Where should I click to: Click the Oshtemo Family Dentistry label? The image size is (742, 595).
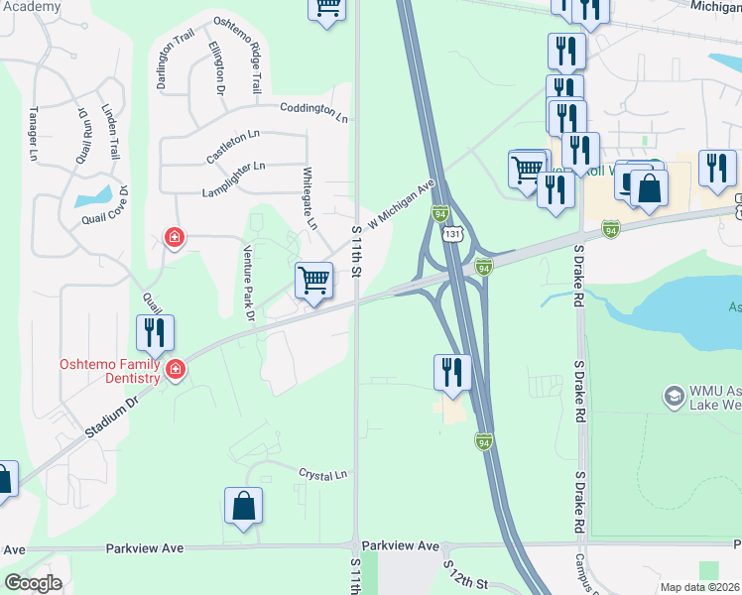109,371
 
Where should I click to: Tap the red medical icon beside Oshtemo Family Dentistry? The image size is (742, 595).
176,370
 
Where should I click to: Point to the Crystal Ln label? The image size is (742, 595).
324,475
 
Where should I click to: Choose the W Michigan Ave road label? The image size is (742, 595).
402,203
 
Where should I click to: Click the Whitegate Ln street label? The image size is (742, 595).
309,198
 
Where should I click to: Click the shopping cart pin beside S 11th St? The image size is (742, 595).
314,280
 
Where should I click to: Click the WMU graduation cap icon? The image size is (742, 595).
675,396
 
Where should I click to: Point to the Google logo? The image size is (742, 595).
33,583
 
